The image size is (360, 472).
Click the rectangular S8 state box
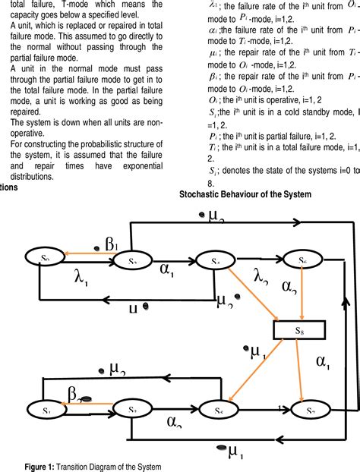(299, 330)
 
